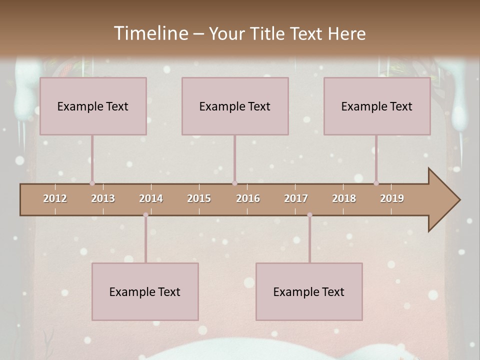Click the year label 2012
pyautogui.click(x=55, y=198)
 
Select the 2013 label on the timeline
pyautogui.click(x=103, y=198)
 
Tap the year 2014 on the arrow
pyautogui.click(x=151, y=198)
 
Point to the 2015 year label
pyautogui.click(x=199, y=198)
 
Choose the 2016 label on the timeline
pyautogui.click(x=248, y=198)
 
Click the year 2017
pyautogui.click(x=296, y=198)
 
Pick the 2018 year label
pyautogui.click(x=344, y=198)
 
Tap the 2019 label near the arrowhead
pyautogui.click(x=392, y=198)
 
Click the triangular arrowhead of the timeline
pyautogui.click(x=444, y=200)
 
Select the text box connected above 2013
pyautogui.click(x=93, y=106)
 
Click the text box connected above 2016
pyautogui.click(x=235, y=106)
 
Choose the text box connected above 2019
pyautogui.click(x=377, y=106)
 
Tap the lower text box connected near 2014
pyautogui.click(x=145, y=291)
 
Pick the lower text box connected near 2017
pyautogui.click(x=309, y=291)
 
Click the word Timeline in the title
pyautogui.click(x=150, y=33)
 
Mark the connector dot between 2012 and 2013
pyautogui.click(x=92, y=183)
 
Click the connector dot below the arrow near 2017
pyautogui.click(x=309, y=215)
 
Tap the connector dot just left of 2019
pyautogui.click(x=376, y=183)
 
